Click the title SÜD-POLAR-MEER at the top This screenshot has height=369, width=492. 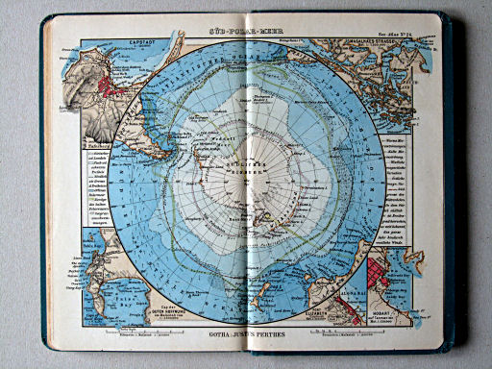pyautogui.click(x=248, y=33)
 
